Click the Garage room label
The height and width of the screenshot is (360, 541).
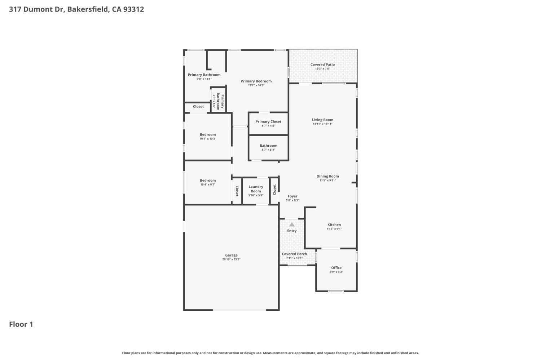231,255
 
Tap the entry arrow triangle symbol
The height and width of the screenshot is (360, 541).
292,225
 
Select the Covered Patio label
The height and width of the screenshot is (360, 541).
322,65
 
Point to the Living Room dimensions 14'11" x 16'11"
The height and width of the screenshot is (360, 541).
322,124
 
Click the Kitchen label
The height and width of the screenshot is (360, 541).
334,225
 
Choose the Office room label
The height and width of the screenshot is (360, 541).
336,268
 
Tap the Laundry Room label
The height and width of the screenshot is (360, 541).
256,189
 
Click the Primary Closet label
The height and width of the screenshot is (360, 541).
268,121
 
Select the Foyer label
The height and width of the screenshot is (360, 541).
293,196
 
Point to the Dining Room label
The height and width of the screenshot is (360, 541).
328,176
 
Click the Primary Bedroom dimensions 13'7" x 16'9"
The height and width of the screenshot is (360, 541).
256,85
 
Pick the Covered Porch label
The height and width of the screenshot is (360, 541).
294,254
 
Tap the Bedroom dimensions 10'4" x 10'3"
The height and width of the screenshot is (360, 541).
208,139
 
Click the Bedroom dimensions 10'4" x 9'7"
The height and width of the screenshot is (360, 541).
208,185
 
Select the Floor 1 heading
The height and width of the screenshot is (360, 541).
21,324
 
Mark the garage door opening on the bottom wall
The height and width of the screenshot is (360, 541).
239,310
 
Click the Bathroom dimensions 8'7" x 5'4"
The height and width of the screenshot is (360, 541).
268,150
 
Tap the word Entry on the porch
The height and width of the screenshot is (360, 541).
292,231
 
